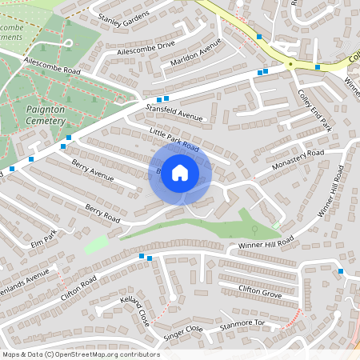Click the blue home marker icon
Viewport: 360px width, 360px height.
pyautogui.click(x=180, y=173)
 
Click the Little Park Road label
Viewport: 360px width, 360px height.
pyautogui.click(x=174, y=139)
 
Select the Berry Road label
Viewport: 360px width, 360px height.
pyautogui.click(x=102, y=214)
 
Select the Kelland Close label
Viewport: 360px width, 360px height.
pyautogui.click(x=134, y=311)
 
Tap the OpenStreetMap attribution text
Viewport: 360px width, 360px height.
pyautogui.click(x=80, y=354)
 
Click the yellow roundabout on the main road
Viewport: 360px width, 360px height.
pyautogui.click(x=291, y=63)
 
